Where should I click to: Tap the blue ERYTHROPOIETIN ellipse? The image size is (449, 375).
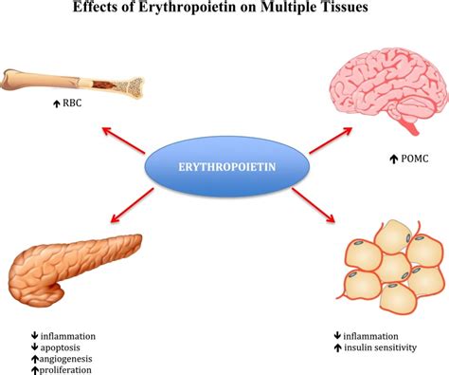click(x=226, y=166)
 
